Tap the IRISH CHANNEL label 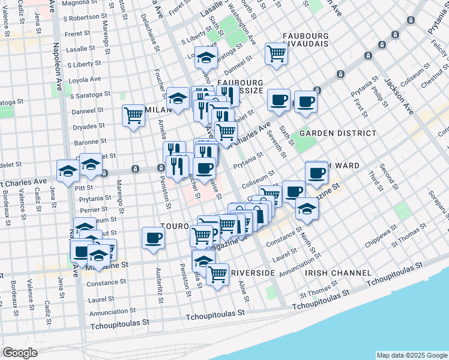338,273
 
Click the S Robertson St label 88,18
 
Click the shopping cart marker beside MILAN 133,116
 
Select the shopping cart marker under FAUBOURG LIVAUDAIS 276,53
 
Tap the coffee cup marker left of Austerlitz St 152,238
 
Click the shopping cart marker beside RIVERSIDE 217,274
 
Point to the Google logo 20,353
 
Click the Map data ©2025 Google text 411,355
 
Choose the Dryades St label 90,126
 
